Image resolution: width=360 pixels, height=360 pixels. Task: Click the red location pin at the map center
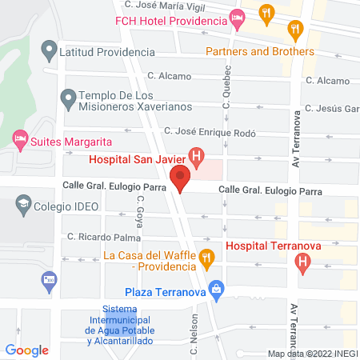point(180,178)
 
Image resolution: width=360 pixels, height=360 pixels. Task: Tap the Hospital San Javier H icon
point(194,155)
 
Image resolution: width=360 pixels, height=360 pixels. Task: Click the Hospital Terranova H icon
point(302,261)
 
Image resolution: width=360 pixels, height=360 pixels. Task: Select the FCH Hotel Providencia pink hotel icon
point(236,17)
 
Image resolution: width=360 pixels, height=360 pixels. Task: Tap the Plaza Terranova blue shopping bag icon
point(214,289)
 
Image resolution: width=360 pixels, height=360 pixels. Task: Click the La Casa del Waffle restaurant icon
point(206,257)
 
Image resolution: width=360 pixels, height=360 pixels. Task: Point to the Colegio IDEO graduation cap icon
point(23,206)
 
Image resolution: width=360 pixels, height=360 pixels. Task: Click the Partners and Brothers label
point(260,51)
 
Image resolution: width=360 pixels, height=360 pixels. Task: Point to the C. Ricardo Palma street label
point(104,236)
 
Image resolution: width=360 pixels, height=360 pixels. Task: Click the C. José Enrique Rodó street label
point(210,130)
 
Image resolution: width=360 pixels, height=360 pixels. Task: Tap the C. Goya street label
point(139,212)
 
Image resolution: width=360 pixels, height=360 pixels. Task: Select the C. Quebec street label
point(226,91)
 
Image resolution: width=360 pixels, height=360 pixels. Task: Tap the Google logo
point(26,350)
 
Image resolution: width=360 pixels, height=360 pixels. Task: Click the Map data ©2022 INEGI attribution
point(312,354)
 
